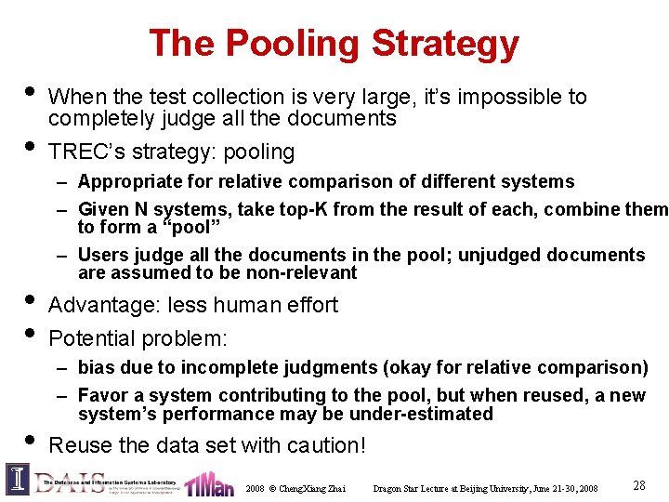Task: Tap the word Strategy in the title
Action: (x=445, y=44)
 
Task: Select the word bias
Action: (x=98, y=368)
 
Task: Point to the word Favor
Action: (x=102, y=395)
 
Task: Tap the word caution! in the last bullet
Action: (x=328, y=446)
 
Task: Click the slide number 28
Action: (x=638, y=484)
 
